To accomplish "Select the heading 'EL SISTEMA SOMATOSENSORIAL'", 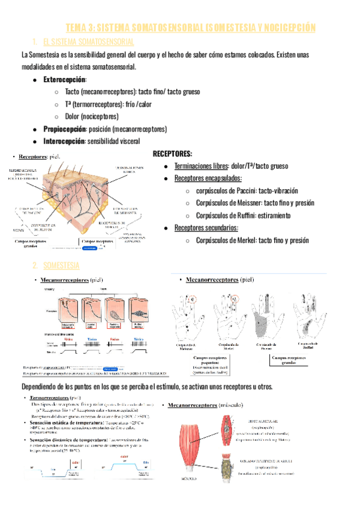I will (89, 41).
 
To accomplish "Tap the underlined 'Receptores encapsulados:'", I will (208, 178).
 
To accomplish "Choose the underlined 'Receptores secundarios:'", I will (206, 227).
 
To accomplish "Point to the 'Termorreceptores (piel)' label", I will (55, 398).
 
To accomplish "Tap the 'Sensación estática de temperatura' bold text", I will (65, 423).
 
